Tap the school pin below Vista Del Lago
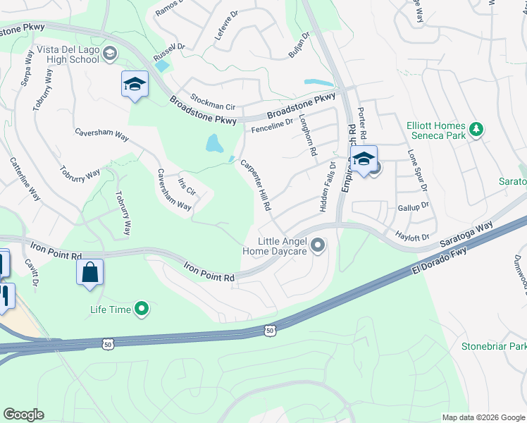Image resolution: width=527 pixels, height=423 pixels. [x=135, y=85]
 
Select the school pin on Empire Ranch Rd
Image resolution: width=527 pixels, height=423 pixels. [x=364, y=159]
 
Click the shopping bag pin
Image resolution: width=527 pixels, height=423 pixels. [x=90, y=273]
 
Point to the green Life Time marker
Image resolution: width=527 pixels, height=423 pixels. [x=142, y=309]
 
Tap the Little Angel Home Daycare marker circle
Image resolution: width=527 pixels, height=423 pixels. [x=318, y=245]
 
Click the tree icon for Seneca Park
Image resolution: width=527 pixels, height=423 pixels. [x=476, y=129]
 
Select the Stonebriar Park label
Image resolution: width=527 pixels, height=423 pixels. [x=493, y=347]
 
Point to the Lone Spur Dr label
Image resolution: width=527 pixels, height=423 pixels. [x=417, y=170]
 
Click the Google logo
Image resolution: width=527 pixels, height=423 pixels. [x=24, y=414]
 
